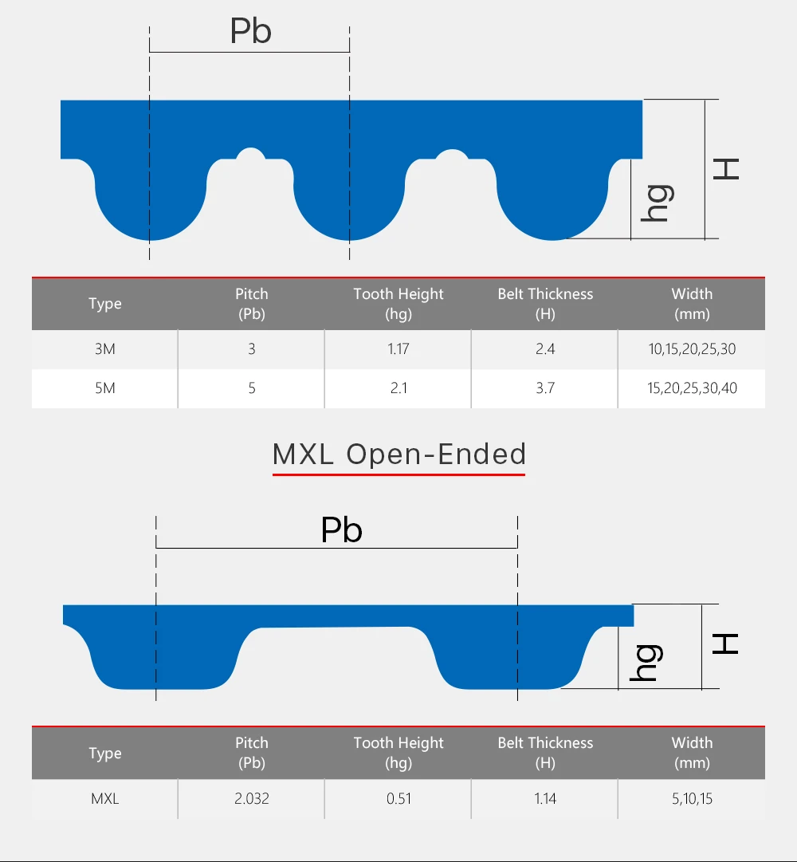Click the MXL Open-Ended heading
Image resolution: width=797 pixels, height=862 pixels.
[398, 454]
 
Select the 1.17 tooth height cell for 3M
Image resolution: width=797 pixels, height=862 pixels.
[398, 349]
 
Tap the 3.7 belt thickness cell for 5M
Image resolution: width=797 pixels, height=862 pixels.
[545, 388]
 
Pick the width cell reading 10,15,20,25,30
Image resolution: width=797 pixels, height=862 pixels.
[692, 349]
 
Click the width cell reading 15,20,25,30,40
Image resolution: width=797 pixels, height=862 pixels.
[692, 388]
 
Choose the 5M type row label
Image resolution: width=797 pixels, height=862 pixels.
[104, 388]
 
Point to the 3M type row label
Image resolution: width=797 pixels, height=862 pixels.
[104, 349]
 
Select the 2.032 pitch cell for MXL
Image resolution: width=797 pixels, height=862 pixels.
[252, 798]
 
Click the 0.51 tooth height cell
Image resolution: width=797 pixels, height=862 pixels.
[398, 798]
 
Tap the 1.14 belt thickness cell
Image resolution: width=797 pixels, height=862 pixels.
[545, 798]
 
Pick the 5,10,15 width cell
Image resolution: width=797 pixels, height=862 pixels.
[692, 798]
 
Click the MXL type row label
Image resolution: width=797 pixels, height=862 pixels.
[104, 798]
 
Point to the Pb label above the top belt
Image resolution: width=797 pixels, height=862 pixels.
[250, 32]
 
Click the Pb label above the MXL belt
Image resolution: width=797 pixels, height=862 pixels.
[341, 530]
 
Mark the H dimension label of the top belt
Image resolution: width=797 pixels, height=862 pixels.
[726, 168]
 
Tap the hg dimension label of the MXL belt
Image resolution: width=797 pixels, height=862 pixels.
[646, 662]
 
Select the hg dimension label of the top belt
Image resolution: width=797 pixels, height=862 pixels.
[658, 203]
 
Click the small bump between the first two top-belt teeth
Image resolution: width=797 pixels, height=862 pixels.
[251, 154]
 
